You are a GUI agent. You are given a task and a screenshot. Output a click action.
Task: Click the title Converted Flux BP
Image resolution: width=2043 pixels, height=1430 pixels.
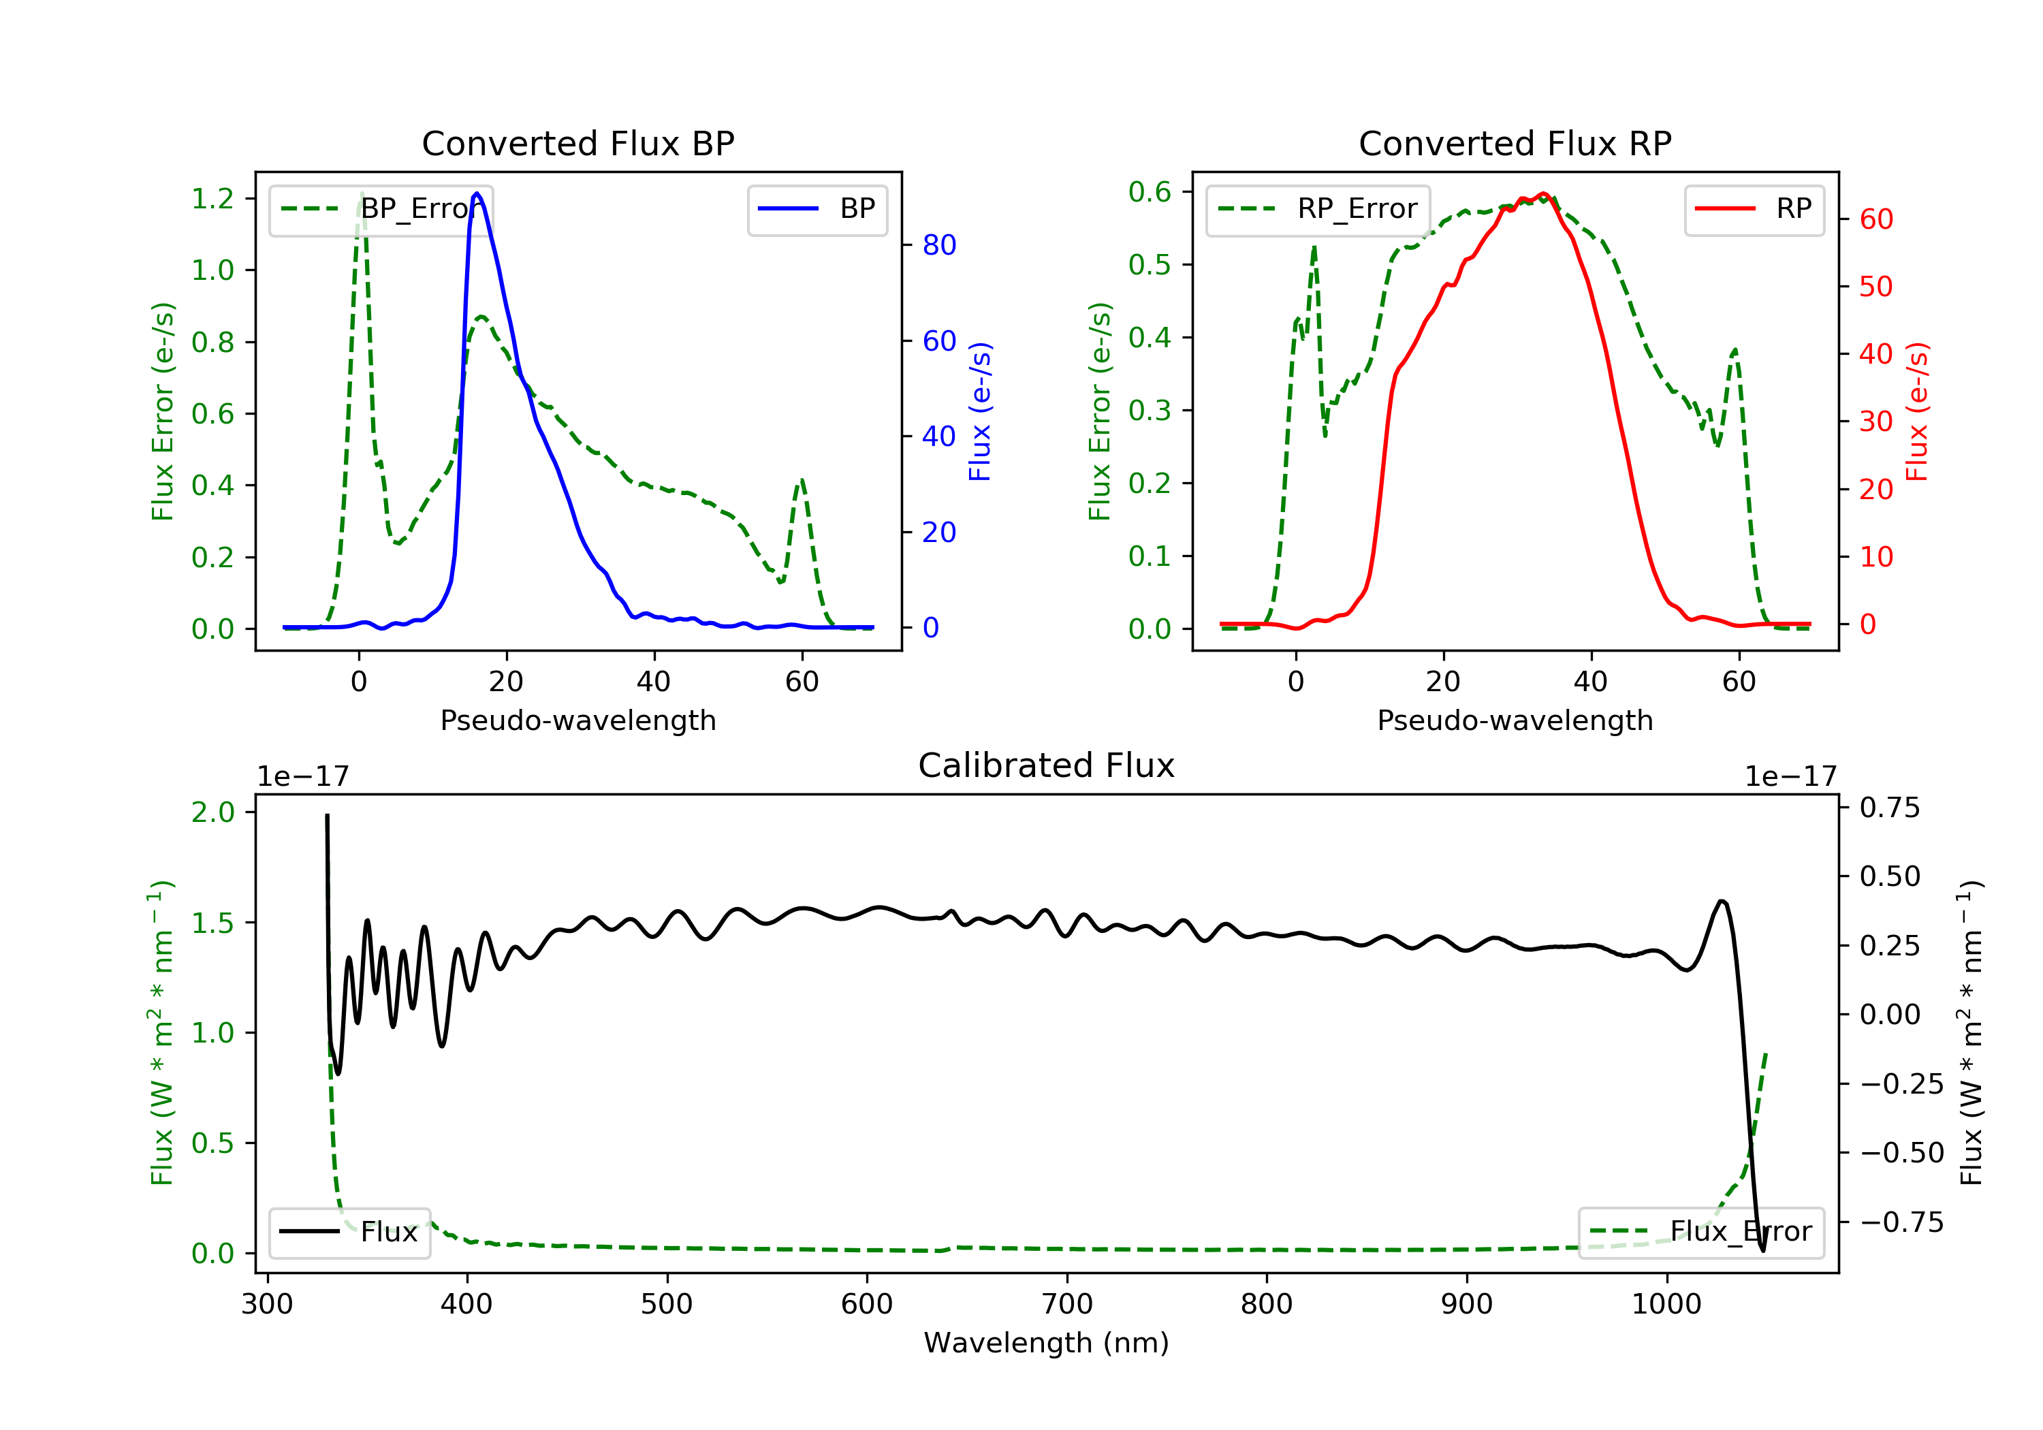(577, 143)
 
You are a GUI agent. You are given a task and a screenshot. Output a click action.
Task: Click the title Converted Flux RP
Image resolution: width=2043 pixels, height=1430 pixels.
(1515, 143)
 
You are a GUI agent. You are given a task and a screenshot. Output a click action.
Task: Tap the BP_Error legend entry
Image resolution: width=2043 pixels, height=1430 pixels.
(381, 209)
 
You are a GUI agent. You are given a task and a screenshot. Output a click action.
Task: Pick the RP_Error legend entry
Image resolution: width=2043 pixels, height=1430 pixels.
(1318, 209)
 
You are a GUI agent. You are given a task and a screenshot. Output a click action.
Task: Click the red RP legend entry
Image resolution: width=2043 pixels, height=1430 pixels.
(1754, 209)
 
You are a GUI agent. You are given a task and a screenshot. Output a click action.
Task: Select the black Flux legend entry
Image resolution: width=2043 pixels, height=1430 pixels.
(350, 1232)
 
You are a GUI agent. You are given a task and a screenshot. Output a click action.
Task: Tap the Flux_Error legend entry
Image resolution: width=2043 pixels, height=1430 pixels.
(1700, 1232)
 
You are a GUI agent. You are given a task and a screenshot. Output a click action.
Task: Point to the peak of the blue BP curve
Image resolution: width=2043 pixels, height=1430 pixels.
(477, 193)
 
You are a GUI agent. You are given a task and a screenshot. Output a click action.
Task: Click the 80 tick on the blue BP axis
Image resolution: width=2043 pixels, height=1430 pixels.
(938, 244)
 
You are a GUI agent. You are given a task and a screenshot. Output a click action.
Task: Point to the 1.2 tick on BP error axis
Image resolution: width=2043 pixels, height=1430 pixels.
(212, 198)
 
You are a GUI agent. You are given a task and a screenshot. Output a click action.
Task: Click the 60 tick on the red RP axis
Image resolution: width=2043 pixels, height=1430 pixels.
(1875, 219)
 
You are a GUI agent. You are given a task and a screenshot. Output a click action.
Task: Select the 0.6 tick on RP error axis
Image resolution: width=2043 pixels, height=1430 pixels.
(1150, 191)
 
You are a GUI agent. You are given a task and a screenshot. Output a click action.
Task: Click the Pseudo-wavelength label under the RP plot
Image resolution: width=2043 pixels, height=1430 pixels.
(1515, 720)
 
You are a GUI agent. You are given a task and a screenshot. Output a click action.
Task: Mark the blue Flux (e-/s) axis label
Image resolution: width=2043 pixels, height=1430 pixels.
(980, 411)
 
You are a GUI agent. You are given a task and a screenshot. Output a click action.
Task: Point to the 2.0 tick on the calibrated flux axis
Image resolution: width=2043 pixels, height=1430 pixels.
(212, 812)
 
